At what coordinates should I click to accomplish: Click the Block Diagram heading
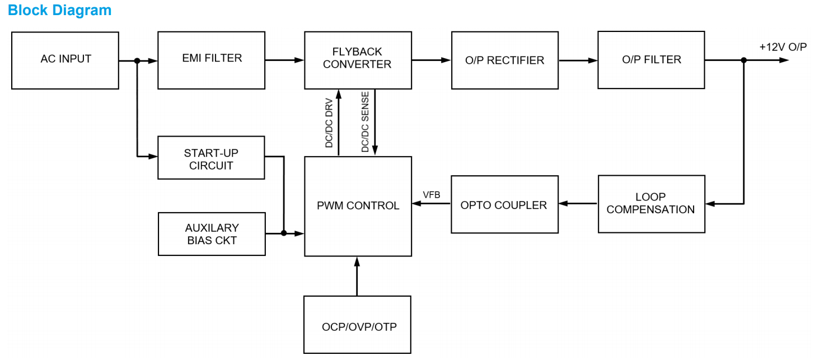click(59, 10)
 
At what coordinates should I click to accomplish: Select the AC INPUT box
click(65, 60)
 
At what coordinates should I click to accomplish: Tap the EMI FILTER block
click(211, 60)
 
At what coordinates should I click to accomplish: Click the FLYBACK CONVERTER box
click(358, 60)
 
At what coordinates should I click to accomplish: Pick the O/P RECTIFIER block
click(504, 60)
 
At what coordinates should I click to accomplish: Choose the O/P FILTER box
click(651, 60)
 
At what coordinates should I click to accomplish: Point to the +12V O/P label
click(783, 47)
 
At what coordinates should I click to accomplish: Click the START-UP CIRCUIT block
click(211, 159)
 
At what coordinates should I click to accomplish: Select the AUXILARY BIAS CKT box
click(212, 234)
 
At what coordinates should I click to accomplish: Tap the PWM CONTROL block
click(358, 206)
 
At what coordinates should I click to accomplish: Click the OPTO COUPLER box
click(504, 204)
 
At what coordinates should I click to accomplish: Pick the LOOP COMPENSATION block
click(651, 204)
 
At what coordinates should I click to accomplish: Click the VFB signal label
click(431, 195)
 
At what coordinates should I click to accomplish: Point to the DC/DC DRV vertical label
click(329, 123)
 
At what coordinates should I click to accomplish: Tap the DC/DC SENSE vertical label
click(365, 123)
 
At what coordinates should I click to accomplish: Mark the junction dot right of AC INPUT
click(137, 60)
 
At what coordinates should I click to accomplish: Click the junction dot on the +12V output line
click(743, 60)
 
